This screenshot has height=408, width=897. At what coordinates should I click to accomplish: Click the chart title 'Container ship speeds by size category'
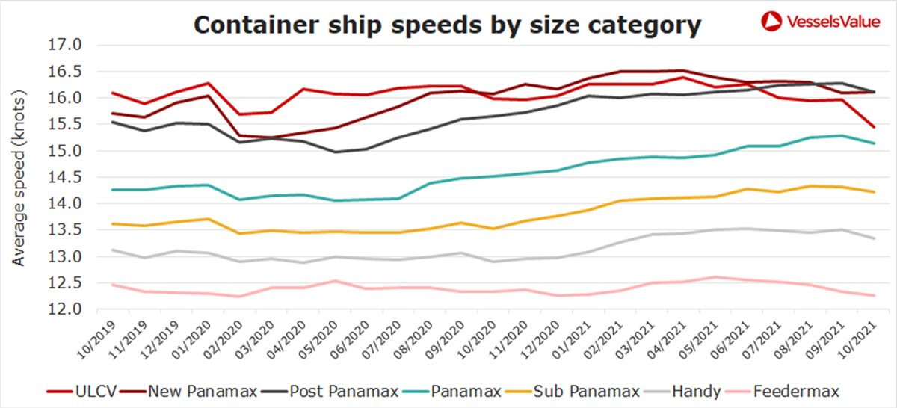[x=447, y=25]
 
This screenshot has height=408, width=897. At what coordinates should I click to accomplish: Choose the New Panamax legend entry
[x=191, y=391]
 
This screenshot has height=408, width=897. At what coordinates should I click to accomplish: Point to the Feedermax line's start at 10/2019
[x=111, y=285]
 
